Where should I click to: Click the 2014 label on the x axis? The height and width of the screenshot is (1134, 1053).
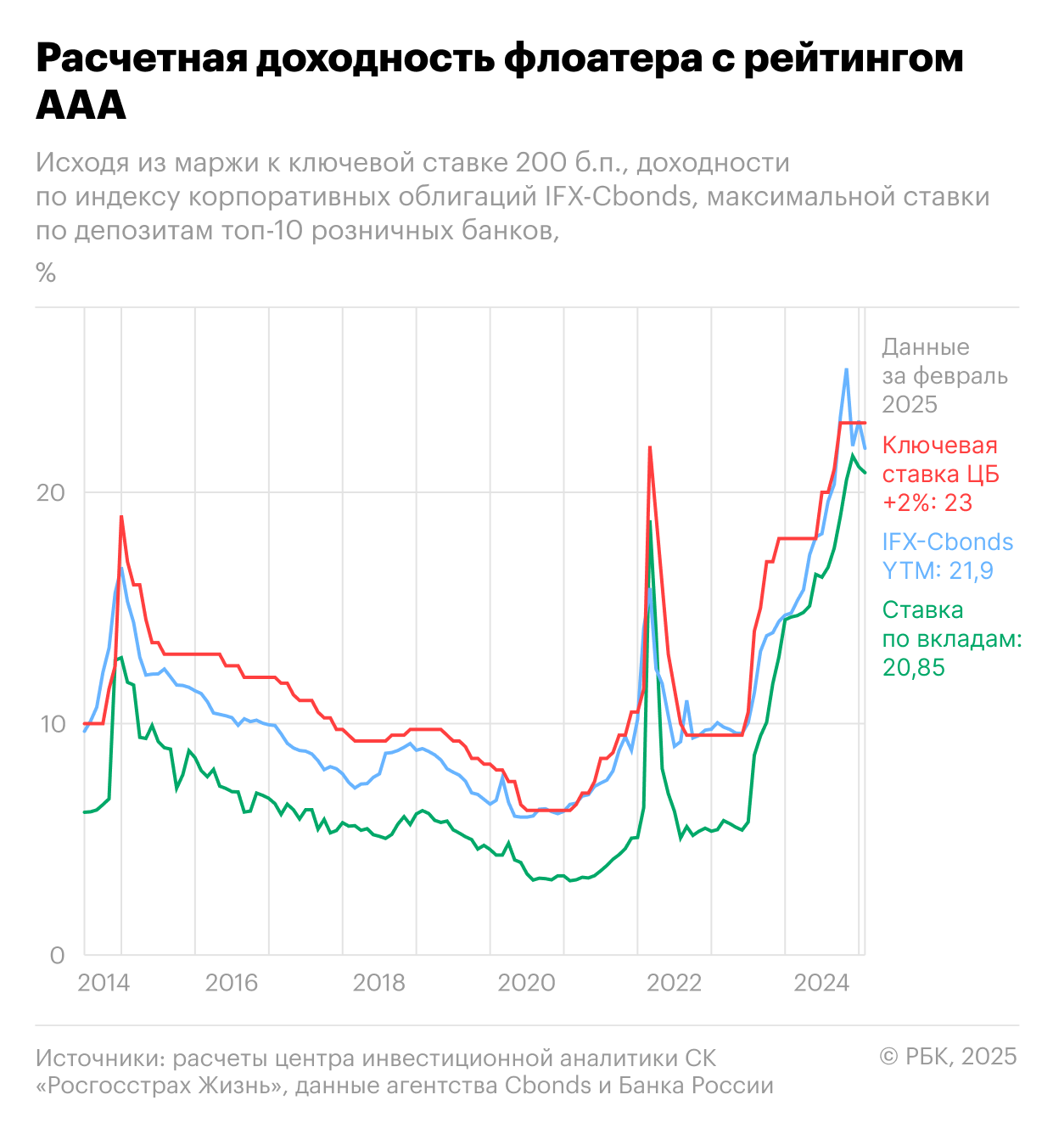pyautogui.click(x=104, y=983)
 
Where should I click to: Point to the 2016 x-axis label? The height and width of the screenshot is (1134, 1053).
pyautogui.click(x=231, y=983)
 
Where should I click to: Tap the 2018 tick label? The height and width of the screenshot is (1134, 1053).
pyautogui.click(x=378, y=983)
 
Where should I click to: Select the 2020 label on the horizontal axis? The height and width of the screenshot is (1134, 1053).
pyautogui.click(x=526, y=983)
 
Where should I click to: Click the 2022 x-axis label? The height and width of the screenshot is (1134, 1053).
pyautogui.click(x=674, y=983)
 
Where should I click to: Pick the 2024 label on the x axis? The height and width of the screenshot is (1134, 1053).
pyautogui.click(x=821, y=983)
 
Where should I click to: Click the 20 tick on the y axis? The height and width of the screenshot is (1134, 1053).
pyautogui.click(x=51, y=493)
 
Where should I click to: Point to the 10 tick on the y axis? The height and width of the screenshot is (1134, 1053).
pyautogui.click(x=51, y=724)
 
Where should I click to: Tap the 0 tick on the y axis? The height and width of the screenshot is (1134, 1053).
pyautogui.click(x=57, y=956)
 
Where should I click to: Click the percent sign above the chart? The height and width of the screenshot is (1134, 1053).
pyautogui.click(x=46, y=272)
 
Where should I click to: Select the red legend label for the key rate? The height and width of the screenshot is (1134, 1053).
pyautogui.click(x=940, y=474)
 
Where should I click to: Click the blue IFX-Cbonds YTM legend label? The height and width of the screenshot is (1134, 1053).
pyautogui.click(x=947, y=556)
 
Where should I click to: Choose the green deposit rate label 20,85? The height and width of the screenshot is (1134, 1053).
pyautogui.click(x=914, y=668)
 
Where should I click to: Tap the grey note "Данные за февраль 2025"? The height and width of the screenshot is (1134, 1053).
pyautogui.click(x=944, y=375)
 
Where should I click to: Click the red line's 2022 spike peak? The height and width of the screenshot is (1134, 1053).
pyautogui.click(x=650, y=447)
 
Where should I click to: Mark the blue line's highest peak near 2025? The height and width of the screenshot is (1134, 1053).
pyautogui.click(x=846, y=369)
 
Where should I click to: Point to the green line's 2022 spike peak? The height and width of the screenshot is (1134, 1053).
pyautogui.click(x=651, y=522)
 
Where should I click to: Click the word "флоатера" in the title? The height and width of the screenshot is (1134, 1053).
pyautogui.click(x=602, y=59)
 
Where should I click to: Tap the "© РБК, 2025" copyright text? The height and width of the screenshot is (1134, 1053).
pyautogui.click(x=948, y=1056)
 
